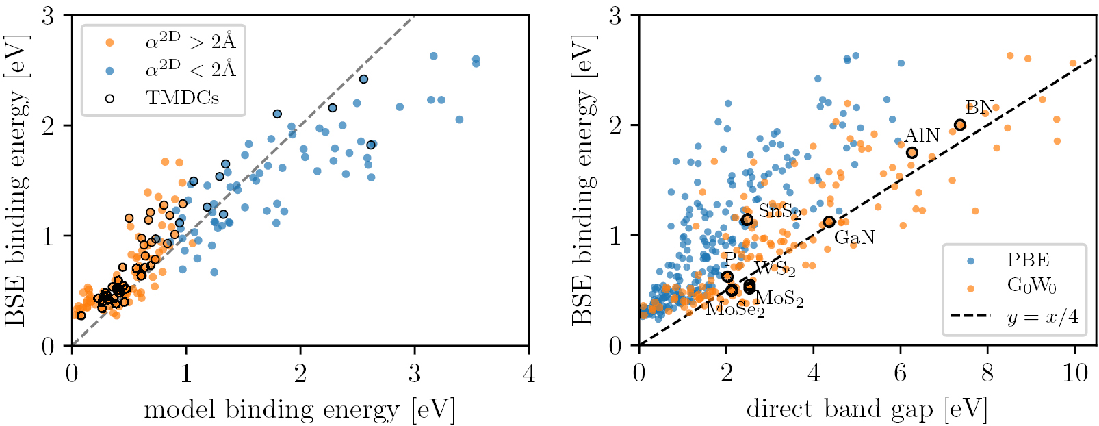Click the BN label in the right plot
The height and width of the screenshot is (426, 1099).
[979, 108]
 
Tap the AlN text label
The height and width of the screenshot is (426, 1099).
[922, 135]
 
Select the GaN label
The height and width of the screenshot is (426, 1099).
[854, 238]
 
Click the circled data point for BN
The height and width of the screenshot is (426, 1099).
[960, 125]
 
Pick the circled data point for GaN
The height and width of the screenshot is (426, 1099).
[829, 221]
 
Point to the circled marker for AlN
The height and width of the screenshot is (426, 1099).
[911, 153]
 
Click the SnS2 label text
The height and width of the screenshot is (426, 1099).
[779, 212]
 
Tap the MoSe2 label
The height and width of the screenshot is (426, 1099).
[735, 310]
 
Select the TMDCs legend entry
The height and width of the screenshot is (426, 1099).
[182, 98]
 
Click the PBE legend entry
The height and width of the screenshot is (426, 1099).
[1028, 260]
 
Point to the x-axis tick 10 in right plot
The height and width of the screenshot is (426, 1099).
[1074, 374]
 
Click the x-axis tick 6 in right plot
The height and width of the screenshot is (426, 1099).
[901, 374]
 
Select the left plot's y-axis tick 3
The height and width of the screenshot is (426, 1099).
[48, 16]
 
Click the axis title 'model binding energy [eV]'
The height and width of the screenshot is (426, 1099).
[299, 410]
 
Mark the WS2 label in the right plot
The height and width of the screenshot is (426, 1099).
[775, 268]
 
